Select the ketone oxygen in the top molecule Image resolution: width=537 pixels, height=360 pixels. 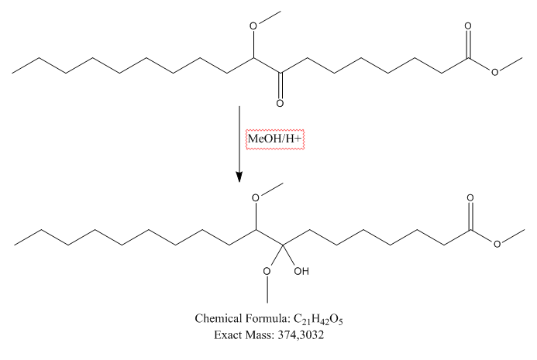(x=281, y=101)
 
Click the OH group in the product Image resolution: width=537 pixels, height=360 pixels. (x=301, y=273)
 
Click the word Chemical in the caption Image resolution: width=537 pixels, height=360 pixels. (x=219, y=320)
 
